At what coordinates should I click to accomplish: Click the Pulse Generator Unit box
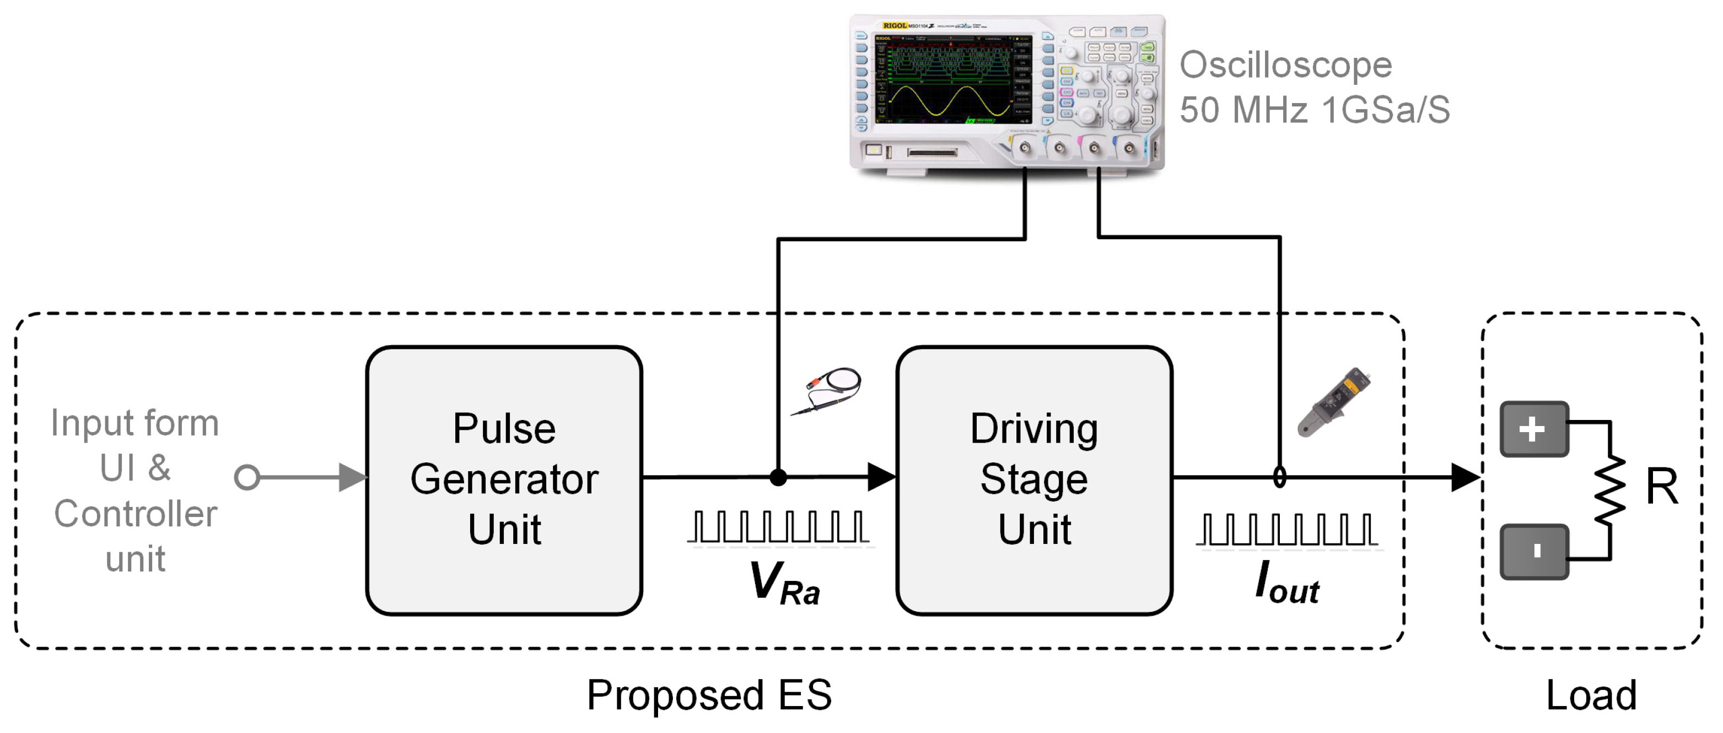(x=504, y=479)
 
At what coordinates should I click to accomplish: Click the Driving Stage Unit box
(x=1033, y=479)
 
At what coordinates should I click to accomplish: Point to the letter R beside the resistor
(x=1661, y=486)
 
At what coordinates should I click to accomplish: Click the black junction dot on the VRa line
(x=778, y=477)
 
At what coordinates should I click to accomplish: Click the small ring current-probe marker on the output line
(x=1279, y=477)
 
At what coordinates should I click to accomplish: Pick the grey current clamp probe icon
(x=1334, y=401)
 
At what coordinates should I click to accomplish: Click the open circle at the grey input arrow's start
(x=247, y=477)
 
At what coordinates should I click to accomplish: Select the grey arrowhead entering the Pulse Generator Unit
(x=352, y=477)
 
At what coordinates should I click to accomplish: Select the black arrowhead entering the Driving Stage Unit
(x=881, y=477)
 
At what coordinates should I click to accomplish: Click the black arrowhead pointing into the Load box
(x=1465, y=477)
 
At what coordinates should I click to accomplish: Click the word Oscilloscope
(x=1285, y=66)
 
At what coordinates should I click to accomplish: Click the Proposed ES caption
(x=709, y=695)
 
